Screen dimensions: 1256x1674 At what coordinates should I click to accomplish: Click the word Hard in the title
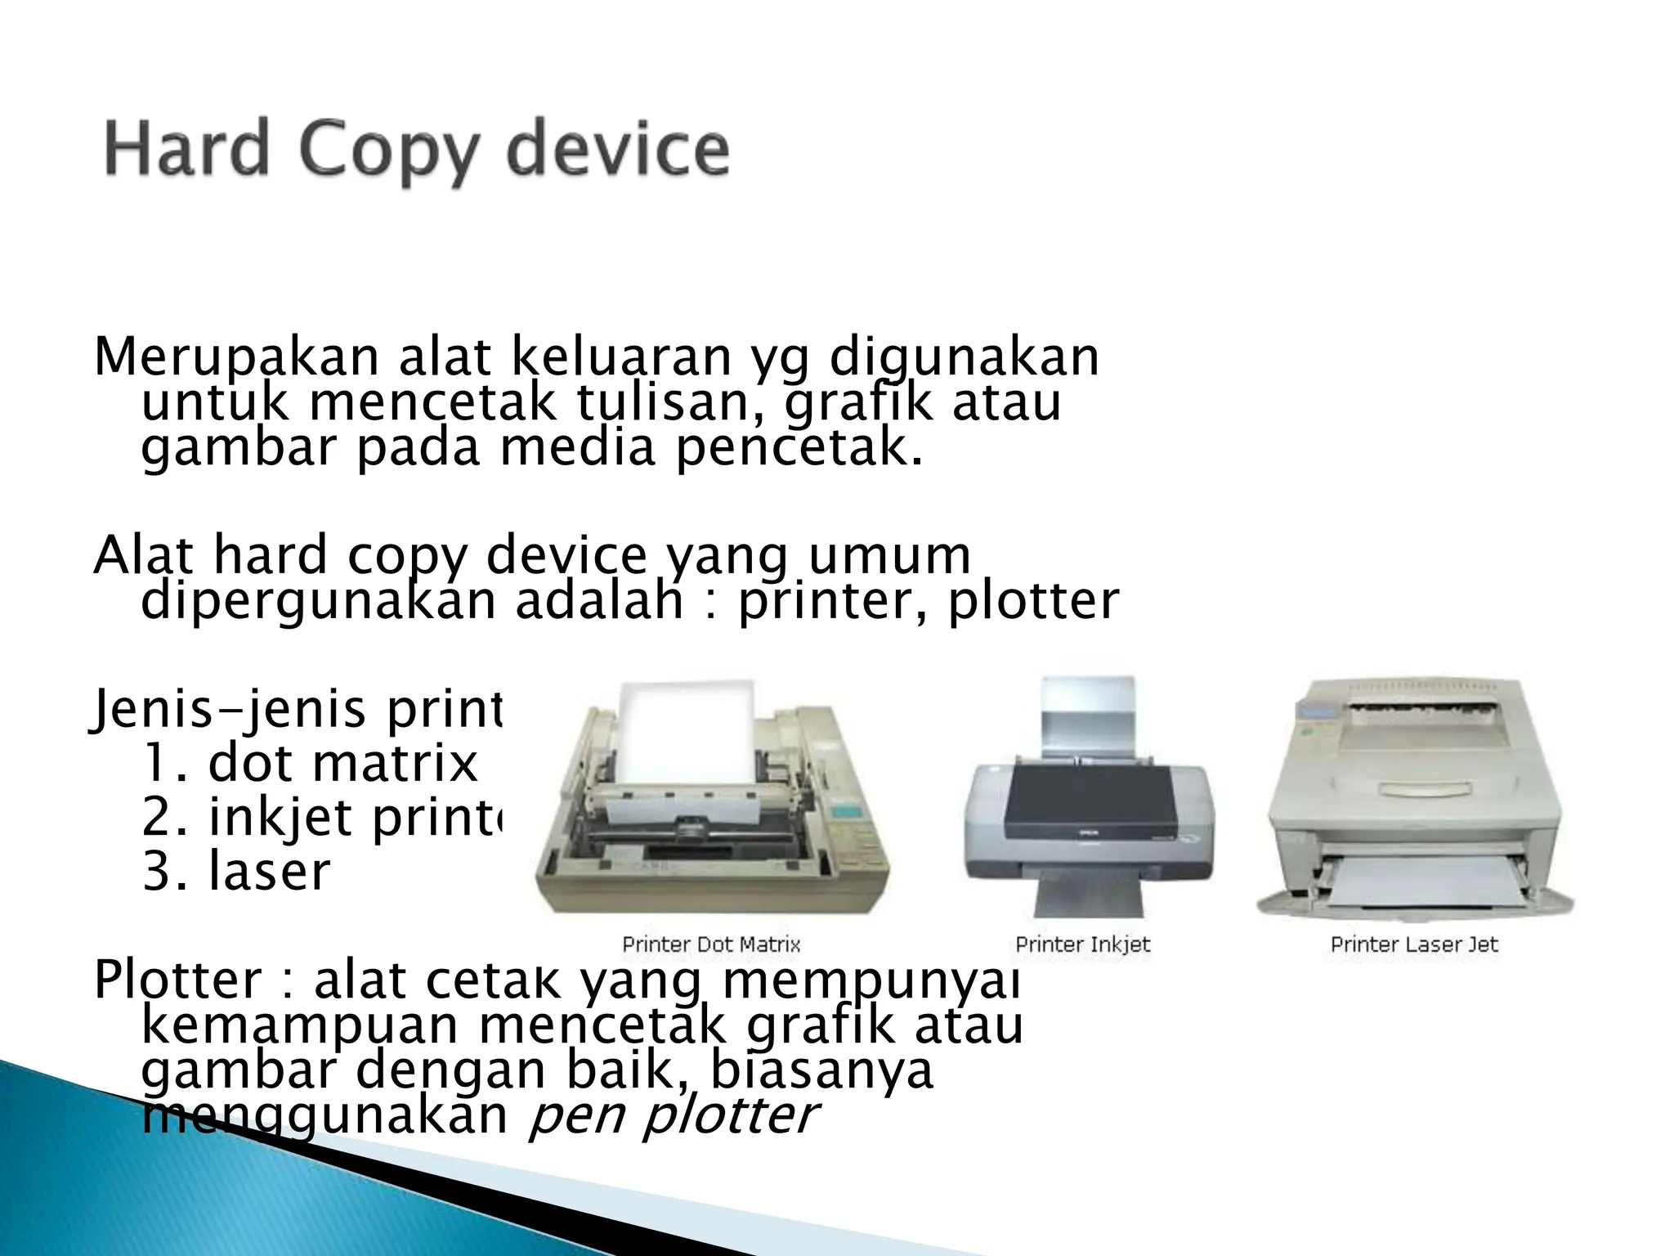(186, 148)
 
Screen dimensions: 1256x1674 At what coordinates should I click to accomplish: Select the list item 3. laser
(236, 871)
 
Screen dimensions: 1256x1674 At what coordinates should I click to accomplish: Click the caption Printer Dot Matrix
(711, 944)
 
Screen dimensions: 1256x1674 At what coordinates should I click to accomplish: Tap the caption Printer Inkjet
(1082, 944)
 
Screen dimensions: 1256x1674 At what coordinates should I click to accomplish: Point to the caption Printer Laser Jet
(1414, 944)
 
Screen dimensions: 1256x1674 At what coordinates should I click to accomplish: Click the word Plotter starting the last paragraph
(177, 980)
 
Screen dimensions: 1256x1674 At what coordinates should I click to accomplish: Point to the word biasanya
(821, 1071)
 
